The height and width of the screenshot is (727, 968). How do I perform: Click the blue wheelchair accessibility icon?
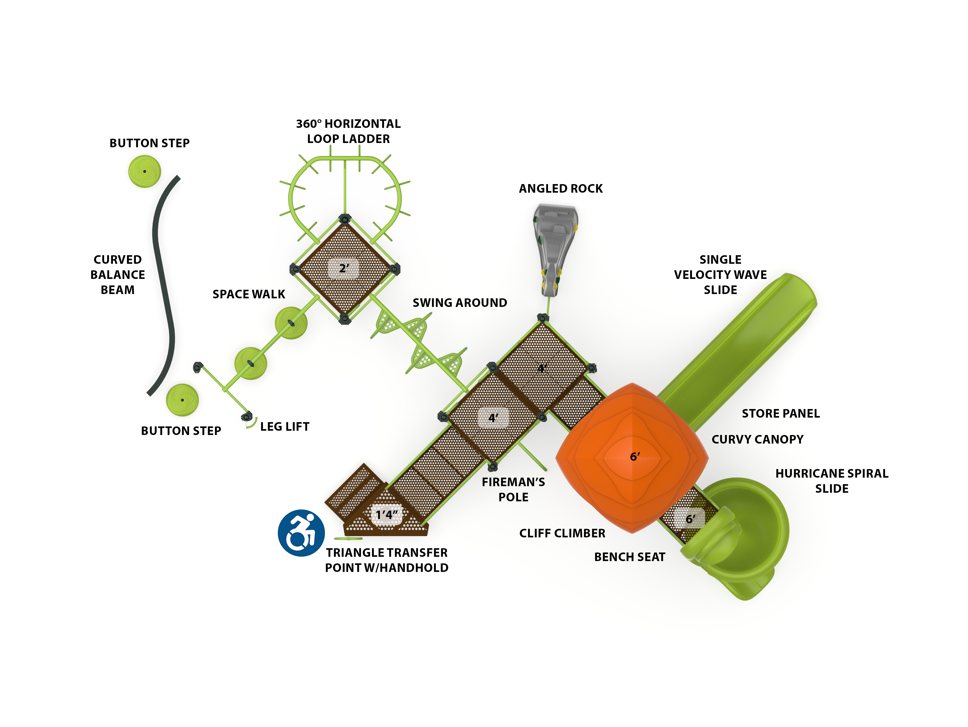pos(301,533)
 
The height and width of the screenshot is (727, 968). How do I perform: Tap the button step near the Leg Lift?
pos(182,400)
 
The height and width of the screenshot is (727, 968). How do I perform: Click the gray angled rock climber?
pos(554,245)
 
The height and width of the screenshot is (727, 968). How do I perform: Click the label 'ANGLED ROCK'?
pos(561,189)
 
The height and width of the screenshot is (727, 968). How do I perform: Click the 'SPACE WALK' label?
pos(249,294)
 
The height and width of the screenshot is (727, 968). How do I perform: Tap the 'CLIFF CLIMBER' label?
pos(562,533)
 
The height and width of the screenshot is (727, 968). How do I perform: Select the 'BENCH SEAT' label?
pos(629,557)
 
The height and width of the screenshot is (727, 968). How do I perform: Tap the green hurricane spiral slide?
pos(744,538)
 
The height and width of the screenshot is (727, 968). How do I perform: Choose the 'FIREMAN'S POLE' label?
pos(513,490)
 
